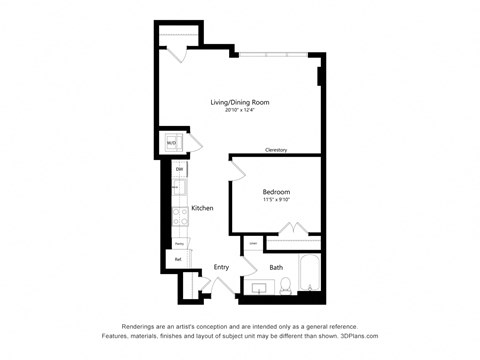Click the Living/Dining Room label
pos(239,102)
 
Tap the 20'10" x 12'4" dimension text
pos(239,111)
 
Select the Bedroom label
pos(276,191)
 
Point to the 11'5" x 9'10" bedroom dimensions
pos(276,200)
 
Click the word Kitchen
pos(202,208)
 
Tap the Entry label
pos(221,267)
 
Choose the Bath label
pos(276,267)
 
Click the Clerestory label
pos(276,150)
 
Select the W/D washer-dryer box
pos(171,143)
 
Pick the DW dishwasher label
pos(179,170)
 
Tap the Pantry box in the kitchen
pos(179,243)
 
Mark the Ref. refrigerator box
pos(178,259)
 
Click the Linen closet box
pos(253,243)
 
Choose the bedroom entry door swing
pos(238,171)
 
